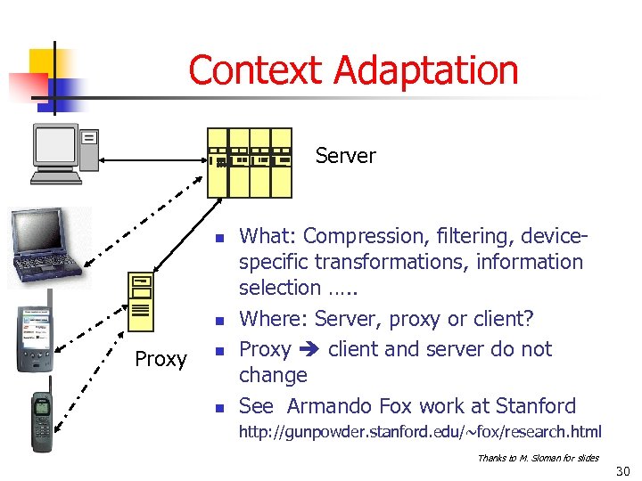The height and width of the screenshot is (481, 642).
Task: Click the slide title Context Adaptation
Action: [353, 70]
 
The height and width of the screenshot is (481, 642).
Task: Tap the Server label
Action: [345, 156]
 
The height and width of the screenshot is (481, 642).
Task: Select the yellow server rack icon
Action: [249, 161]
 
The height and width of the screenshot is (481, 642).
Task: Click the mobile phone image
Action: [43, 422]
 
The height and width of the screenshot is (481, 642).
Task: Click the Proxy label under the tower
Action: [160, 359]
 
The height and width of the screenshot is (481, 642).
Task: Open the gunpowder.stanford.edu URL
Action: [419, 432]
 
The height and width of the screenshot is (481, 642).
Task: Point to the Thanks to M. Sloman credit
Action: [538, 458]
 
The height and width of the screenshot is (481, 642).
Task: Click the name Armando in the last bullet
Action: [329, 406]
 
